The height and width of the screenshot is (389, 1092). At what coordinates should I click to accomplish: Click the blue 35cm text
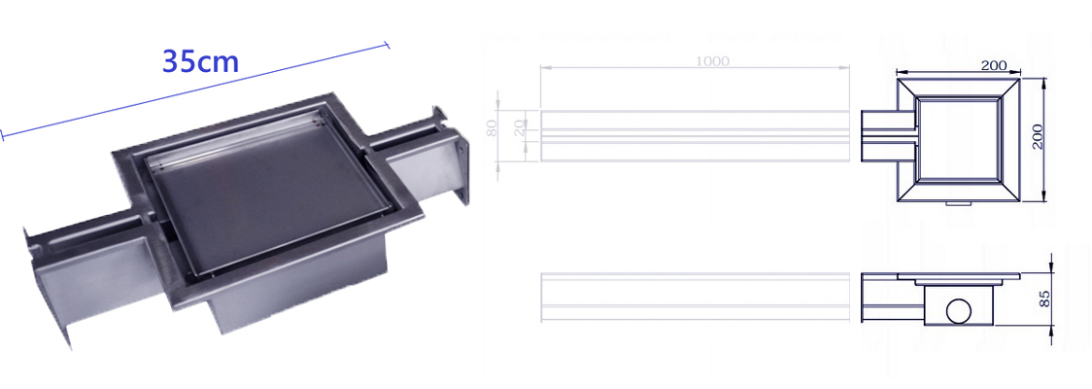pos(200,61)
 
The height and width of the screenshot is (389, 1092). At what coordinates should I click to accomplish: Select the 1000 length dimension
pos(712,61)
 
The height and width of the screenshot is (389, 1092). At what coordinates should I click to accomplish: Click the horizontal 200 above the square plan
pos(992,65)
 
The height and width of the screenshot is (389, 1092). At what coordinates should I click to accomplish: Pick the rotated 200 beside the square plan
pos(1037,136)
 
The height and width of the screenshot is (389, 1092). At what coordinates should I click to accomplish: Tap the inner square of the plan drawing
pos(959,138)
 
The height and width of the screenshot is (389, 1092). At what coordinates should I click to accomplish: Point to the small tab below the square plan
pos(960,204)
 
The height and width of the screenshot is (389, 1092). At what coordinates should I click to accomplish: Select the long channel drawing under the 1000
pos(693,134)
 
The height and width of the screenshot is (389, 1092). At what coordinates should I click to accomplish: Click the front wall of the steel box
pos(291,292)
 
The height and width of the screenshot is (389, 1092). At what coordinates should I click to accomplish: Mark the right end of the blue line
pos(388,44)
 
